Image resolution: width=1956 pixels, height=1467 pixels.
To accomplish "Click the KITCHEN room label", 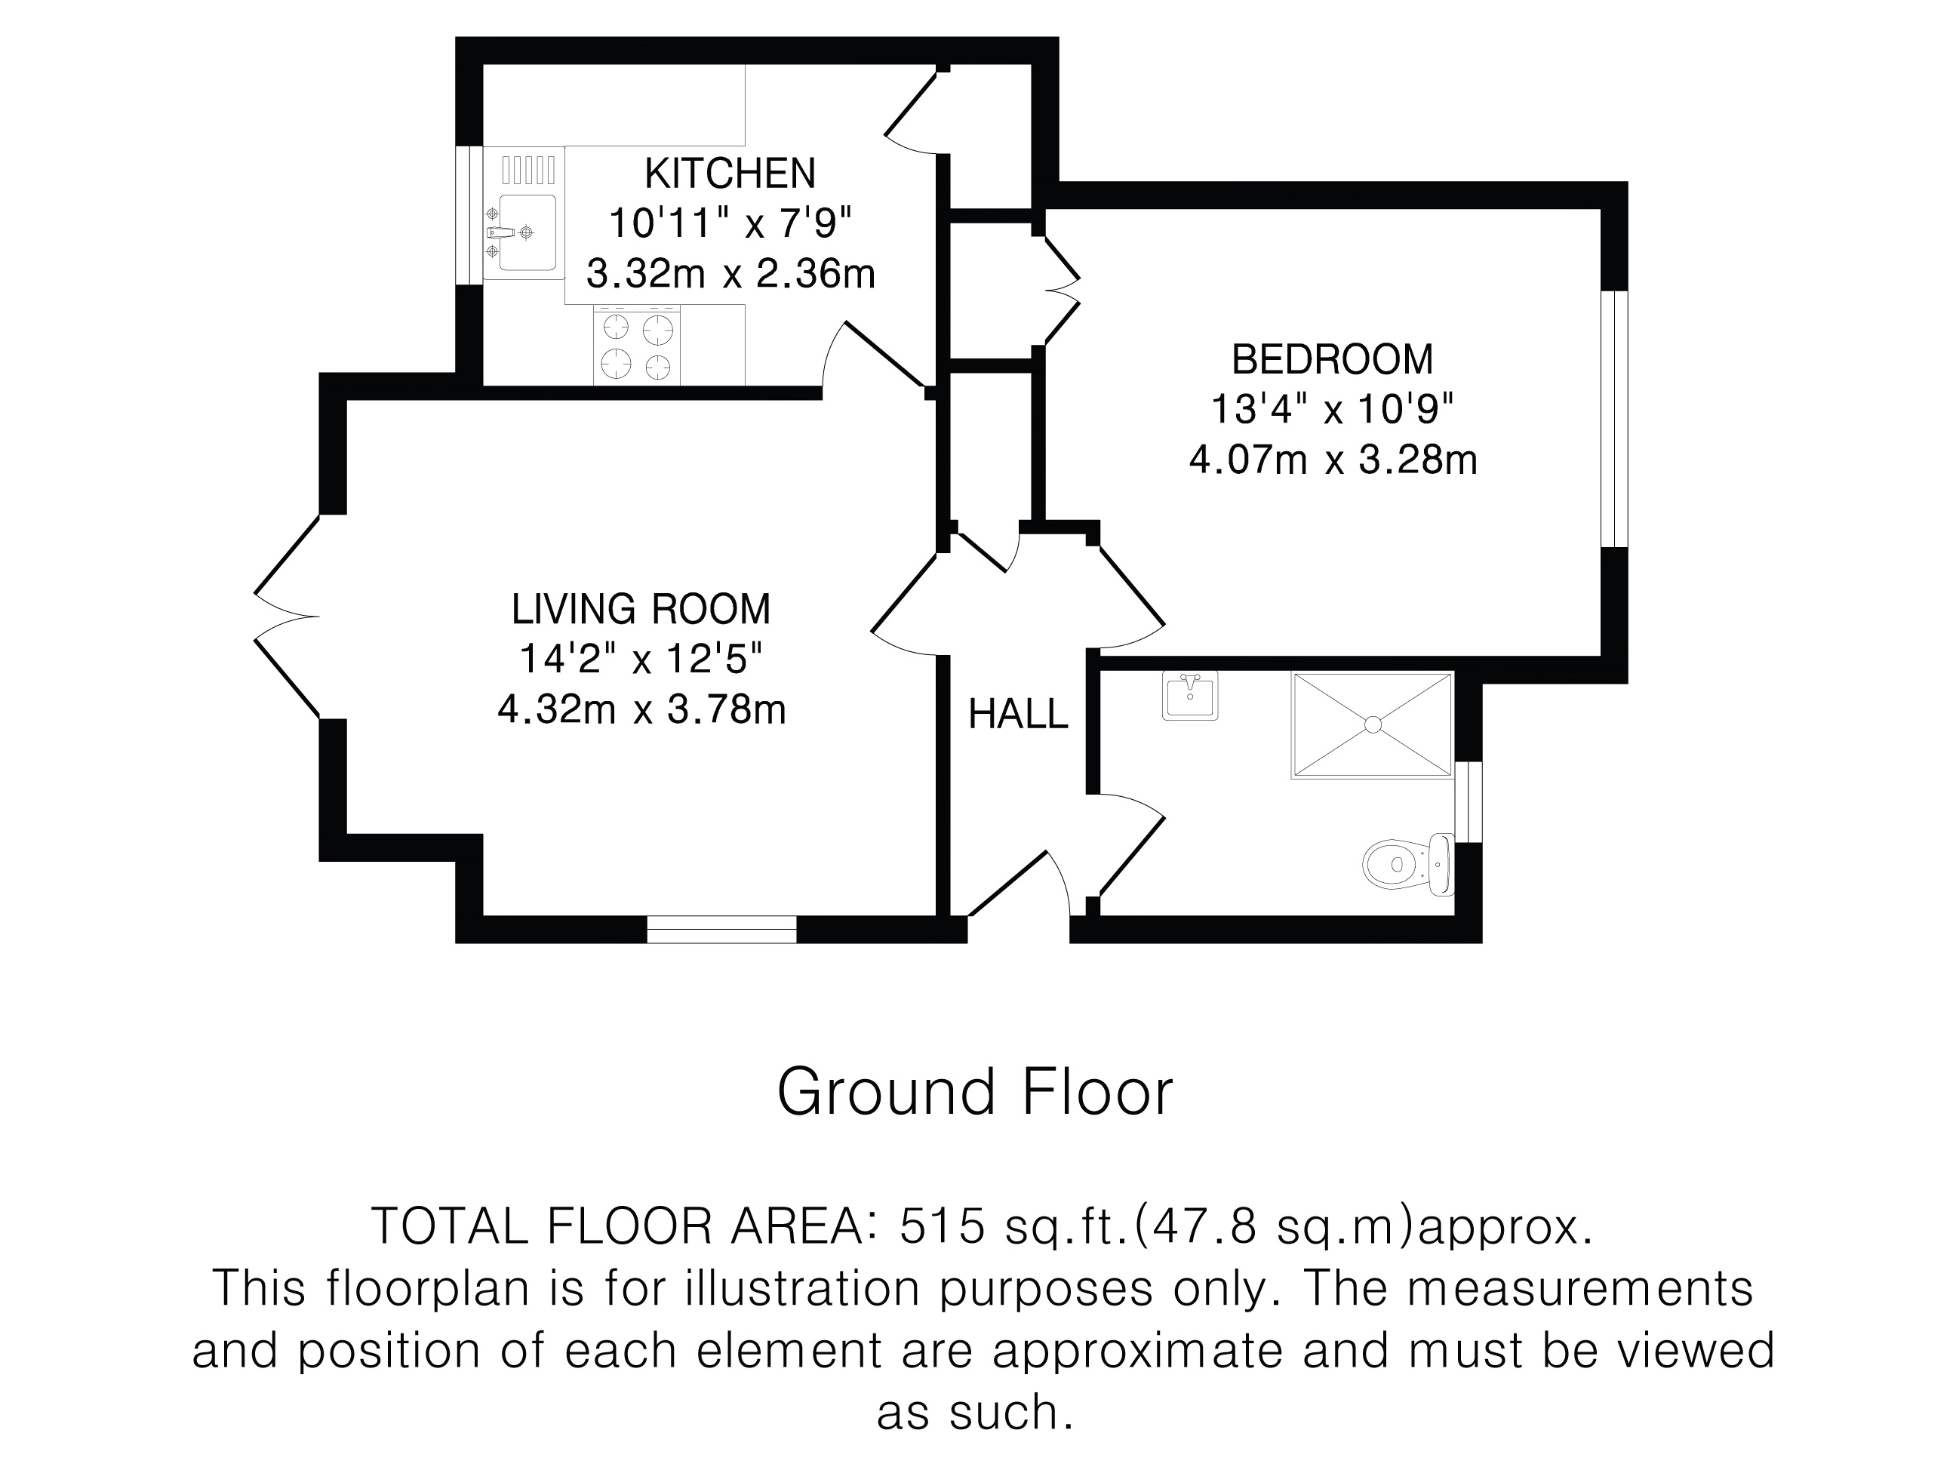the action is pyautogui.click(x=730, y=174).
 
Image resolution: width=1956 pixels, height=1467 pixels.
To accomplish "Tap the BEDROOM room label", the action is pyautogui.click(x=1333, y=359).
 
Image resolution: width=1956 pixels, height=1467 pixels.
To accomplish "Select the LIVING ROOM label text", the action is pyautogui.click(x=641, y=609).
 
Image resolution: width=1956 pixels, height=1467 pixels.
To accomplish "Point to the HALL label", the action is pyautogui.click(x=1019, y=715).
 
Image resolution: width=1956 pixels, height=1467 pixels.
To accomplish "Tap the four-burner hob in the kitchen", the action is pyautogui.click(x=637, y=345).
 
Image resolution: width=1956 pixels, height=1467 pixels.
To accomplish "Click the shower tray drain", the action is pyautogui.click(x=1373, y=724).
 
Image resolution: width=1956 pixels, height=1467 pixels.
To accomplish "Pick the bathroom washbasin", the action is pyautogui.click(x=1190, y=695).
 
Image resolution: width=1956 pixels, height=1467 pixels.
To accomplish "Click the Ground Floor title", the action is pyautogui.click(x=974, y=1092).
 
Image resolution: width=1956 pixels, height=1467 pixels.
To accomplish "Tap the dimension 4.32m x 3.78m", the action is pyautogui.click(x=641, y=709).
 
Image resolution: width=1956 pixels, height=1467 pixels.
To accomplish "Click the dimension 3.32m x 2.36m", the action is pyautogui.click(x=730, y=274).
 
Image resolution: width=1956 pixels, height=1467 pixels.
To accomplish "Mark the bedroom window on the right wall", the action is pyautogui.click(x=1615, y=418).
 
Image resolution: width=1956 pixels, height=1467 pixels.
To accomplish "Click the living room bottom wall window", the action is pyautogui.click(x=721, y=930).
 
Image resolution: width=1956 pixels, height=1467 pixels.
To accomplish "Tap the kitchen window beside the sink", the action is pyautogui.click(x=469, y=215).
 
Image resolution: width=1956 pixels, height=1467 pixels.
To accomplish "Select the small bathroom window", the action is pyautogui.click(x=1469, y=801).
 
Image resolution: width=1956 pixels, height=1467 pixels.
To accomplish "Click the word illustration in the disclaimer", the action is pyautogui.click(x=802, y=1287).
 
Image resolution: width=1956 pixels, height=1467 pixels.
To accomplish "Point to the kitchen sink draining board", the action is pyautogui.click(x=529, y=169).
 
